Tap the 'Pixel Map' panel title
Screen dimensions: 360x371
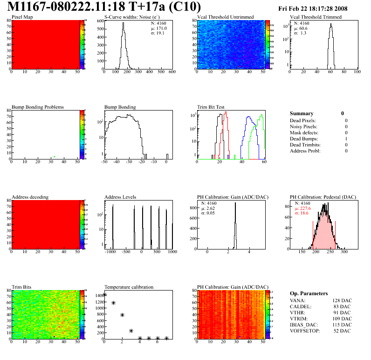click(x=22, y=17)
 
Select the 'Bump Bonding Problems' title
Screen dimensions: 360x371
click(x=37, y=107)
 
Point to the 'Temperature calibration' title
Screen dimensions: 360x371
click(x=129, y=287)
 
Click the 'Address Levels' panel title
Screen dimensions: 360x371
click(x=120, y=197)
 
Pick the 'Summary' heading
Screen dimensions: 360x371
click(x=301, y=114)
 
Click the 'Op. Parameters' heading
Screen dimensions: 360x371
click(x=309, y=294)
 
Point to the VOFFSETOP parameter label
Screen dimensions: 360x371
click(x=305, y=331)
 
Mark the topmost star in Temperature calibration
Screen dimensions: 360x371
click(x=105, y=295)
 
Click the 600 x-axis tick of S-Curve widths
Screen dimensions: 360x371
click(x=172, y=72)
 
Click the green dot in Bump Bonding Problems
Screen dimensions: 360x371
click(x=55, y=157)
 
